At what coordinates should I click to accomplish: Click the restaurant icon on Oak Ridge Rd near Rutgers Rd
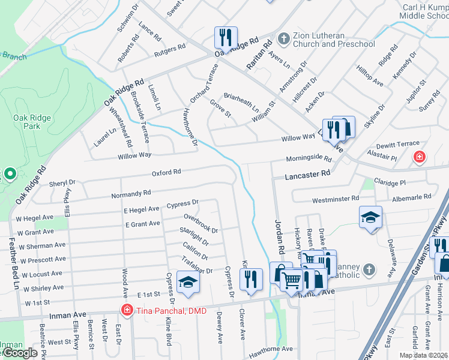pyautogui.click(x=226, y=37)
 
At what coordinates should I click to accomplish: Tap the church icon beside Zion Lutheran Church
pyautogui.click(x=284, y=40)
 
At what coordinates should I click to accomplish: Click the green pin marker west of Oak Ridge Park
pyautogui.click(x=9, y=175)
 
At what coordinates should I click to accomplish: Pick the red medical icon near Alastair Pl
pyautogui.click(x=419, y=158)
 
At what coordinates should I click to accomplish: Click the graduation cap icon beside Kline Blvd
pyautogui.click(x=188, y=285)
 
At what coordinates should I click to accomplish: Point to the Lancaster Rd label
pyautogui.click(x=309, y=173)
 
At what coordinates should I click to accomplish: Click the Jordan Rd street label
pyautogui.click(x=280, y=238)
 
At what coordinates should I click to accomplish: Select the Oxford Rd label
pyautogui.click(x=166, y=172)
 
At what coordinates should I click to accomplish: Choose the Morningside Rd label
pyautogui.click(x=309, y=159)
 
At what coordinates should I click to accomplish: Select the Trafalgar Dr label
pyautogui.click(x=197, y=266)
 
